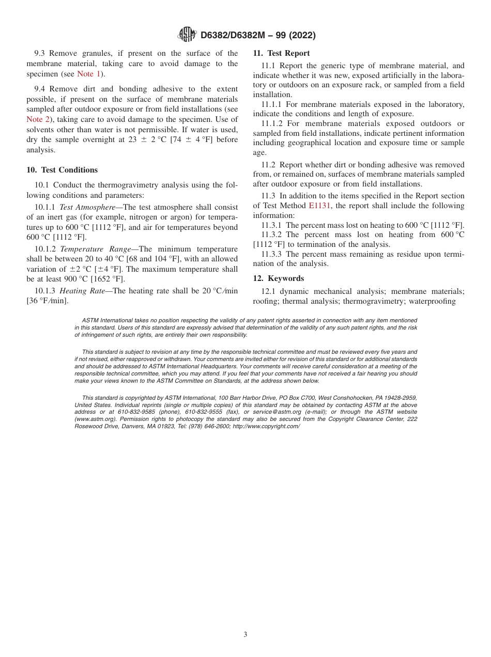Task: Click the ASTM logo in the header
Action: [187, 35]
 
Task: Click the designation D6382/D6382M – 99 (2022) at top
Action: [257, 35]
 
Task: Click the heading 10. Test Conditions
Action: [62, 170]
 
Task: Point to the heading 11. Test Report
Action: [282, 53]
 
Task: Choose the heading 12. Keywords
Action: [279, 278]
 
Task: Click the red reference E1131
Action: [319, 206]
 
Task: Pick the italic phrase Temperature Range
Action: [96, 249]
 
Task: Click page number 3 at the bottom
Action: [245, 634]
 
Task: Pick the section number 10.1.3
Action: [44, 291]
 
